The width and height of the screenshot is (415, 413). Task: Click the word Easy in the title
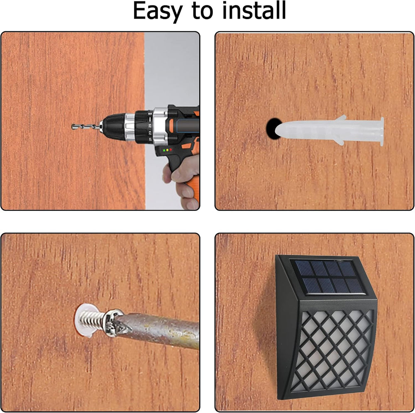click(x=158, y=11)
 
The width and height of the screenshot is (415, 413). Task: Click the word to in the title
click(x=203, y=11)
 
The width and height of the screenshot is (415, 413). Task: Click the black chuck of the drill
click(x=114, y=127)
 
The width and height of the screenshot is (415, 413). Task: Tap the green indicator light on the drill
click(x=164, y=150)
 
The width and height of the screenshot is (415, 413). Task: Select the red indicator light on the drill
click(x=171, y=149)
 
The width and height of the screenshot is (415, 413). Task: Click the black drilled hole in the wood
click(x=273, y=129)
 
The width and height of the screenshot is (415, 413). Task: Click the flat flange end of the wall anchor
click(x=382, y=131)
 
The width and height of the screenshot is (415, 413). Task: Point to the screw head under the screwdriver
click(x=112, y=323)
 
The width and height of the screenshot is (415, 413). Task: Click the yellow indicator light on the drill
click(x=168, y=150)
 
